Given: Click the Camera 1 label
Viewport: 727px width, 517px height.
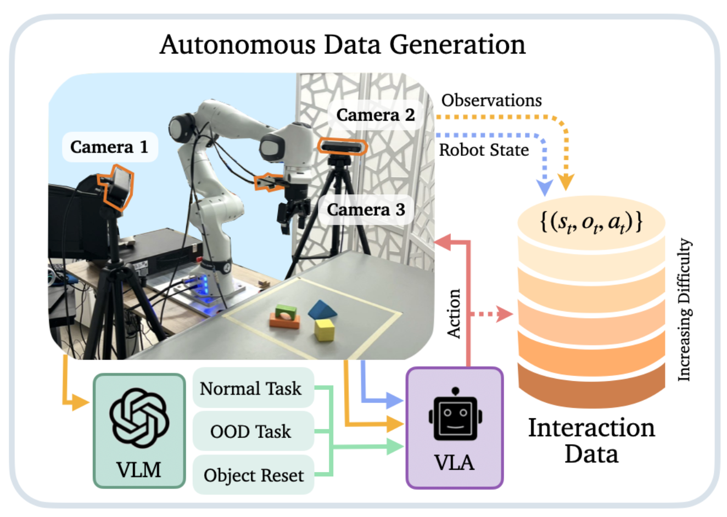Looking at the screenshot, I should point(109,147).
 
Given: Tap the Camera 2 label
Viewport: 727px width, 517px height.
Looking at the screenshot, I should point(376,115).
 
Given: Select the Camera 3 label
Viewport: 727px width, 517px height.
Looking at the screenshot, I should point(366,210).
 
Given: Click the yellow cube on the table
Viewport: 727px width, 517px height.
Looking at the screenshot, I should point(324,330).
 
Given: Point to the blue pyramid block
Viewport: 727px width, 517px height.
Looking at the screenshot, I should point(322,310).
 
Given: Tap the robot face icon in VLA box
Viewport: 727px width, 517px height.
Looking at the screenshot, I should point(455,415).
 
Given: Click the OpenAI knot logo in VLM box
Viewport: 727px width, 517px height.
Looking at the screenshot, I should point(139,418).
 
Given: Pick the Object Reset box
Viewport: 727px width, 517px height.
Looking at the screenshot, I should point(253,475).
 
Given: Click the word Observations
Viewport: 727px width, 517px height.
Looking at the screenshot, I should point(491,100).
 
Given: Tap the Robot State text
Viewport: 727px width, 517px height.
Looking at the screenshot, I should point(484,150).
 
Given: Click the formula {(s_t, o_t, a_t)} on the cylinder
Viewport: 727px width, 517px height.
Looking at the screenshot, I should point(591,222).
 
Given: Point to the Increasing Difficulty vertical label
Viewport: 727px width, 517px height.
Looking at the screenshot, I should point(684,310).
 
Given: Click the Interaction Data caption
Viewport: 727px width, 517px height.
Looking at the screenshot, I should point(591,441).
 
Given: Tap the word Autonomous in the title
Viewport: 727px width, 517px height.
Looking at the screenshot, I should point(237,44).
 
